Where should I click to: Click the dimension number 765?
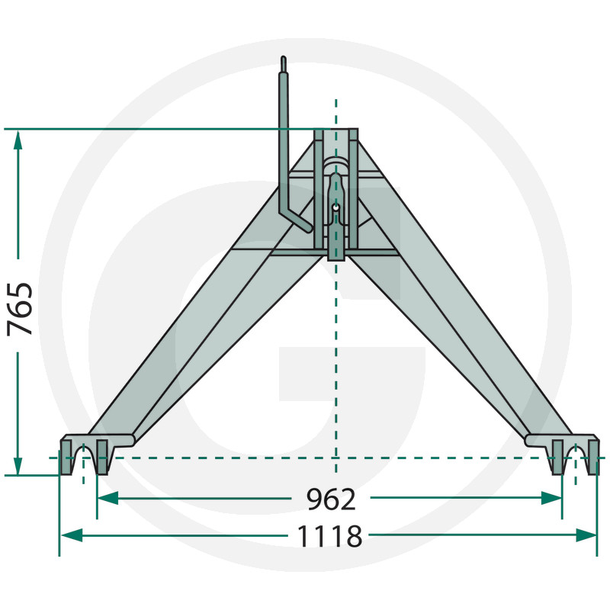pyautogui.click(x=20, y=310)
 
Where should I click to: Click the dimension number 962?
pyautogui.click(x=331, y=499)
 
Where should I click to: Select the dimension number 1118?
pyautogui.click(x=329, y=536)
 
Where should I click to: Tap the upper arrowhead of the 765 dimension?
pyautogui.click(x=18, y=140)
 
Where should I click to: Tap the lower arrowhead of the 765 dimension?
pyautogui.click(x=18, y=466)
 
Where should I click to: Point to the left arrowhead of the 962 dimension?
pyautogui.click(x=108, y=498)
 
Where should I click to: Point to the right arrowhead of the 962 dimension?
pyautogui.click(x=551, y=498)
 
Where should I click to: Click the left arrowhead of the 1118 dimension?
pyautogui.click(x=72, y=535)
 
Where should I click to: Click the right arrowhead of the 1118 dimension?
pyautogui.click(x=586, y=535)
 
